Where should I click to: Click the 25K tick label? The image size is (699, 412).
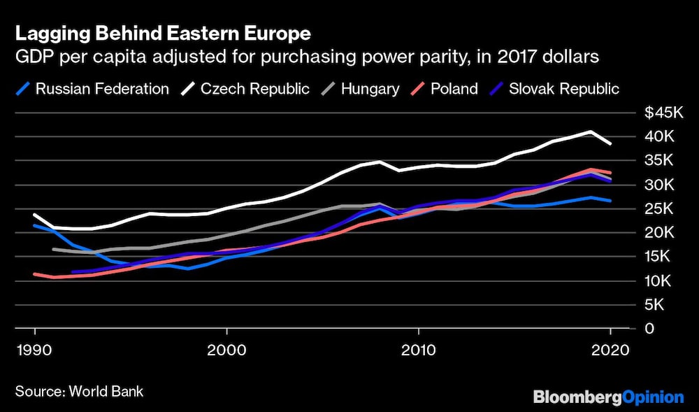click(x=658, y=209)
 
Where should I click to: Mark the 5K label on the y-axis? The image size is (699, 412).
click(x=654, y=305)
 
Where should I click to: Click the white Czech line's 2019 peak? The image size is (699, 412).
click(x=591, y=132)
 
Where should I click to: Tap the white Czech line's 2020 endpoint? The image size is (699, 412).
click(x=610, y=143)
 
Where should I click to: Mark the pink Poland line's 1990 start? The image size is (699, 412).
click(x=35, y=274)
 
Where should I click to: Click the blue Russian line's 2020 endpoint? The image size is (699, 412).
click(x=610, y=201)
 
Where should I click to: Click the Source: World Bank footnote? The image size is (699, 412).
click(x=79, y=391)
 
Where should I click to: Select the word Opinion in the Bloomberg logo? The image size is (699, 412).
click(x=653, y=397)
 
